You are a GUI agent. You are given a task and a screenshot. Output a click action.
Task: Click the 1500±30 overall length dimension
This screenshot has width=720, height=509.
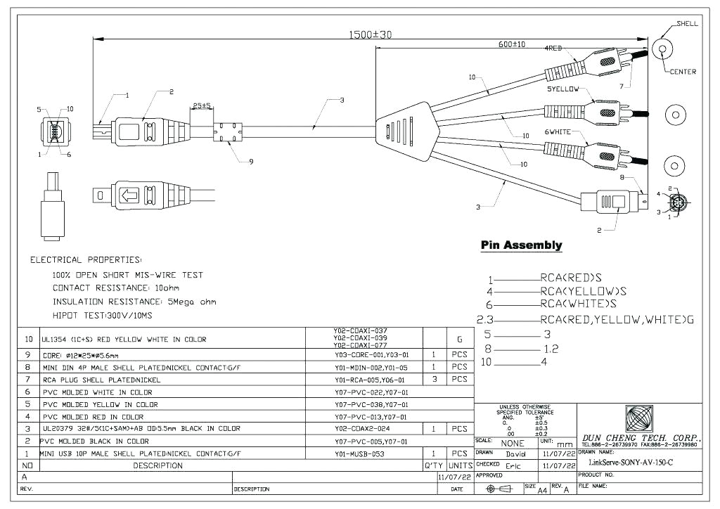coord(371,34)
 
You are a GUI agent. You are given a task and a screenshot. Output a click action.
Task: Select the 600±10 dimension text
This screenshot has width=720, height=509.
coord(511,44)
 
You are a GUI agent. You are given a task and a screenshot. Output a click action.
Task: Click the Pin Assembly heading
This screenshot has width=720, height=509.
coord(521,245)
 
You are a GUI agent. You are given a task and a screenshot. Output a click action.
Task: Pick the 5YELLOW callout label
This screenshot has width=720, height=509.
coord(562,90)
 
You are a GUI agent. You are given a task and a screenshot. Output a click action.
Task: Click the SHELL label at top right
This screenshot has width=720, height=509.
coord(687,23)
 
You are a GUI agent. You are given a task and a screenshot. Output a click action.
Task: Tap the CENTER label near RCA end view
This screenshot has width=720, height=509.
coord(682,72)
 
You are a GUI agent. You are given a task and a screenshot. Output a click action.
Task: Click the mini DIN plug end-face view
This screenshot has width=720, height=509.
coord(678,204)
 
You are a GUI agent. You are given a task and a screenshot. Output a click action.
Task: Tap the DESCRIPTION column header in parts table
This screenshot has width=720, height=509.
coord(158,465)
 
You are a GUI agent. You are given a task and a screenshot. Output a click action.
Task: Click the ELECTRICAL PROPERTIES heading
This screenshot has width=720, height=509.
coord(86,260)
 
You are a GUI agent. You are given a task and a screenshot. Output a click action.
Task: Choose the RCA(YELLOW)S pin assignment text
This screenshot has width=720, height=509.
coord(584,291)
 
